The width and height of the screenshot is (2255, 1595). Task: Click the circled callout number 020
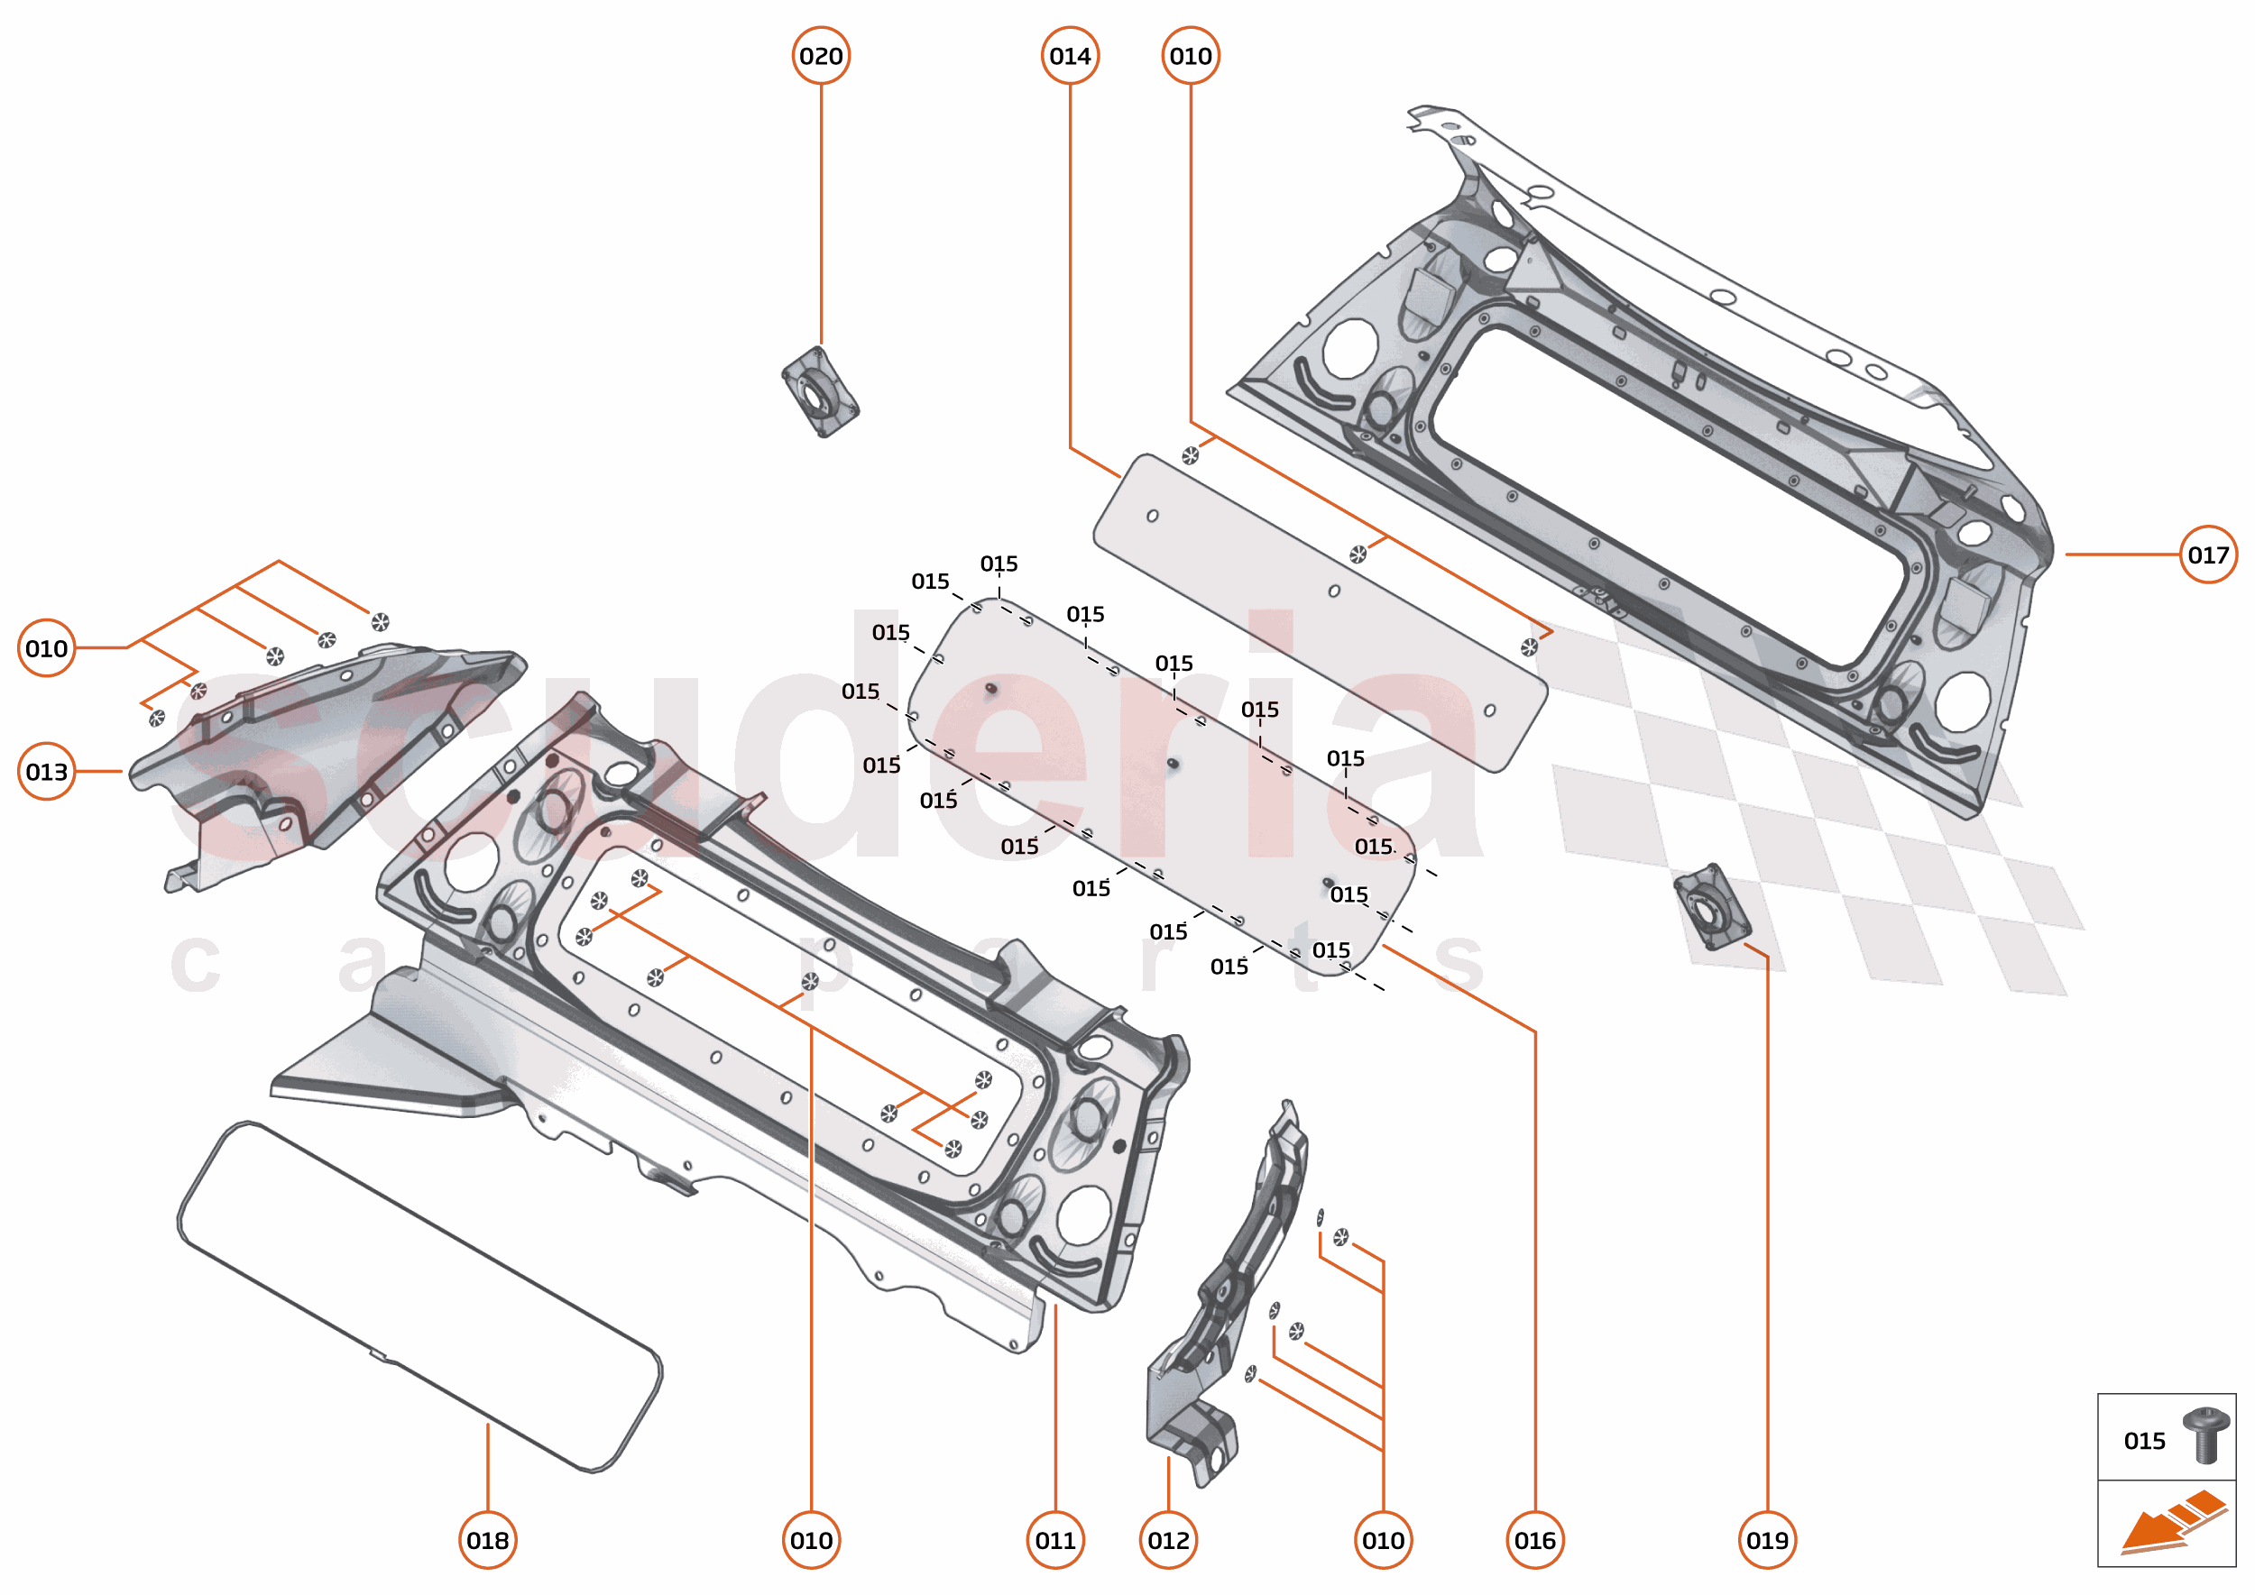[x=821, y=56]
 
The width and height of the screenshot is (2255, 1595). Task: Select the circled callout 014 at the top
[x=1069, y=56]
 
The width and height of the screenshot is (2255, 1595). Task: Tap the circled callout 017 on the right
[x=2207, y=555]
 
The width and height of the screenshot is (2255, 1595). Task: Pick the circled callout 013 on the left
[x=46, y=772]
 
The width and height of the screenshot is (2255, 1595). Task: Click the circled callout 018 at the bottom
[x=487, y=1540]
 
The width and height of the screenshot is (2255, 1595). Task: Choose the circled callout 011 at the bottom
[x=1054, y=1540]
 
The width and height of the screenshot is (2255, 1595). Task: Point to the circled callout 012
[x=1167, y=1540]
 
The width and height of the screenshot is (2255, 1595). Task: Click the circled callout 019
[x=1766, y=1540]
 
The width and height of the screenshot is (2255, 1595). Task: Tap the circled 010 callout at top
[x=1190, y=56]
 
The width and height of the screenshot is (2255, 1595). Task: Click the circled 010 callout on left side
[x=46, y=648]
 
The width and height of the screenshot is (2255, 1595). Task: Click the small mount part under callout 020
[x=819, y=393]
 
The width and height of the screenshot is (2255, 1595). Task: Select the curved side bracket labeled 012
[x=1229, y=1297]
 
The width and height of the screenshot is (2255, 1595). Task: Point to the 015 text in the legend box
[x=2143, y=1441]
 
